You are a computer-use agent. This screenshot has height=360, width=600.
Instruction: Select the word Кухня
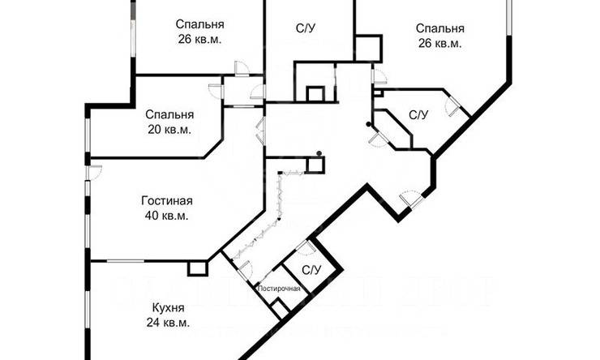169,308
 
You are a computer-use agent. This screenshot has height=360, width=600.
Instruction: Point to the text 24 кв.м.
169,323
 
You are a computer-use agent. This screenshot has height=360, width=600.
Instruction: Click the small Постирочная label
279,289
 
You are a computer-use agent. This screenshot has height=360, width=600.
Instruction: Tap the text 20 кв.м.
169,129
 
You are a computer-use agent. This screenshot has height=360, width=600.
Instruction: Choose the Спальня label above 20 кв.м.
169,114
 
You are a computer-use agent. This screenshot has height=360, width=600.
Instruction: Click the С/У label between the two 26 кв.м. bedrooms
306,29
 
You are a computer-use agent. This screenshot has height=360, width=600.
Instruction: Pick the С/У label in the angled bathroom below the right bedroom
418,115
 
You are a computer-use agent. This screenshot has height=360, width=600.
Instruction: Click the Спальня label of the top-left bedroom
199,24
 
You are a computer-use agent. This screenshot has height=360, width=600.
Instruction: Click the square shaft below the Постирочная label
279,310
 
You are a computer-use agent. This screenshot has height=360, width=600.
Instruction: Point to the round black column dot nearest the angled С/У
368,124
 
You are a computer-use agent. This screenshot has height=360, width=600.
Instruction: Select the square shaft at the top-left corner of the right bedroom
368,48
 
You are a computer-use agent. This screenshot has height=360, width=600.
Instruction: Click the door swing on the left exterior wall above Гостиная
94,171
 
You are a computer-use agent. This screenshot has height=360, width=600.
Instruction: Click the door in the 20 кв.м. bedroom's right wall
216,90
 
